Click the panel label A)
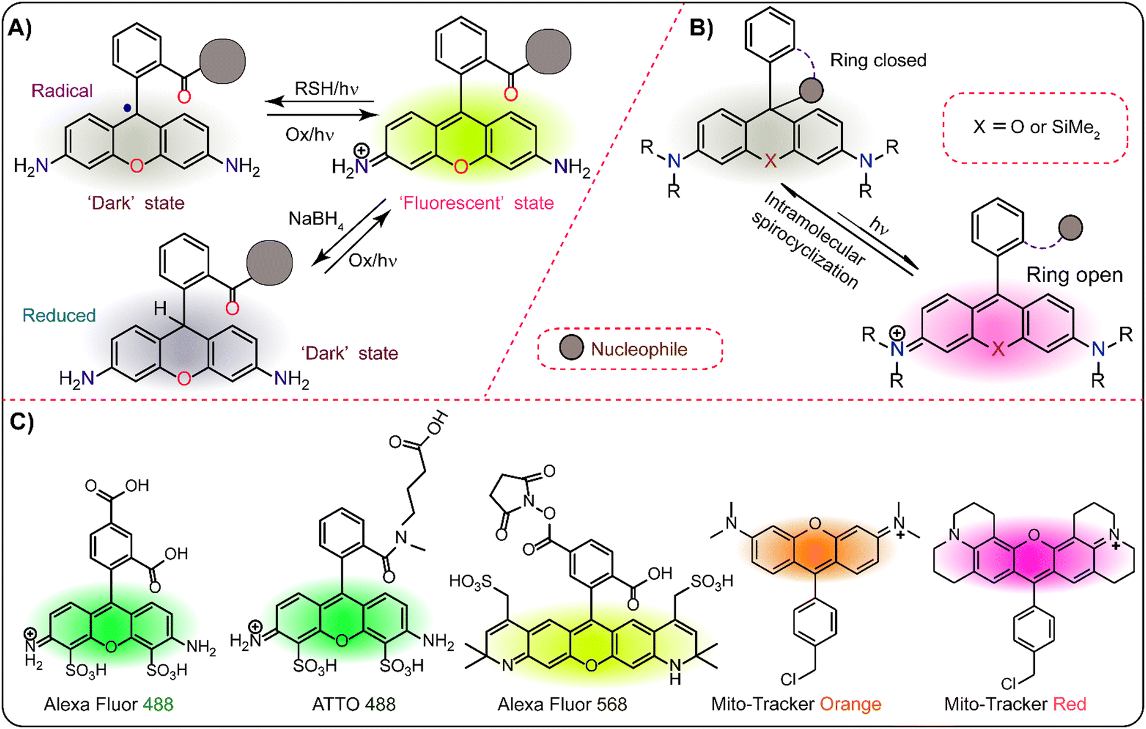click(20, 29)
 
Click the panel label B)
click(701, 29)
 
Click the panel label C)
click(22, 422)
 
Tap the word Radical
click(62, 91)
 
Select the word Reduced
click(59, 316)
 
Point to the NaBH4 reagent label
click(315, 219)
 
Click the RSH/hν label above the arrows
click(326, 89)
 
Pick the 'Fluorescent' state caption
click(476, 203)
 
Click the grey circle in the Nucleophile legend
click(571, 348)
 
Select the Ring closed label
click(878, 61)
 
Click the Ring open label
click(1074, 275)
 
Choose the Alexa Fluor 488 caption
click(108, 705)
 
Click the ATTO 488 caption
click(354, 705)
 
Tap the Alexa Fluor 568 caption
click(562, 705)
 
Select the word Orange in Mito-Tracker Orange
click(850, 705)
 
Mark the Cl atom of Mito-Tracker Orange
click(788, 680)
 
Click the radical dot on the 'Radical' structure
click(127, 108)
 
